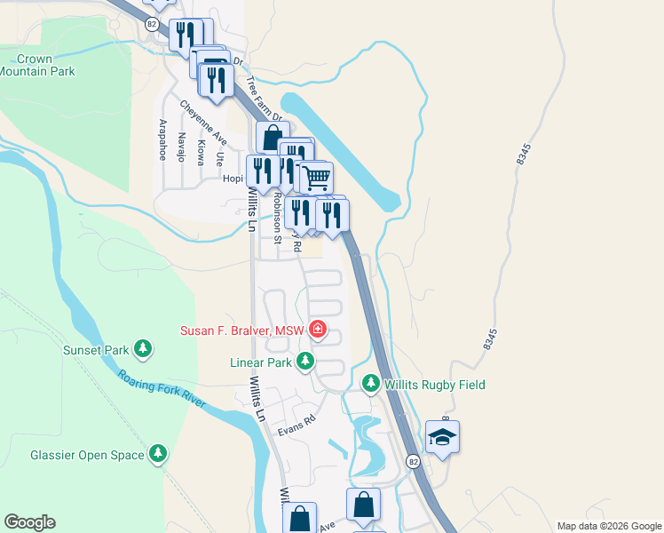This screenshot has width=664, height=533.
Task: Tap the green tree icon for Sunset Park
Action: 140,347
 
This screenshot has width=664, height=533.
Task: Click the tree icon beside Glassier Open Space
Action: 158,454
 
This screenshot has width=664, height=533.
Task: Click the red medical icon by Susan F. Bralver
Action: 318,331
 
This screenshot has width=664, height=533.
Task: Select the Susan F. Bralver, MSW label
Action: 242,331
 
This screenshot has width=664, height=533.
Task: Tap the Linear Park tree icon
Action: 305,362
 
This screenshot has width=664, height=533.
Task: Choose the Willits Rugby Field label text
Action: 434,385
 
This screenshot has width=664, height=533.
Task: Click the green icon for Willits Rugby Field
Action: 371,385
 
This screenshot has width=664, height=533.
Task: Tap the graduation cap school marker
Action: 442,437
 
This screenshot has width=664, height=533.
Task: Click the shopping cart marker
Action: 315,176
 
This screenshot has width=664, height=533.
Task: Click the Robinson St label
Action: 278,219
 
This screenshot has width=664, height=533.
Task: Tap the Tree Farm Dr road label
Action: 263,99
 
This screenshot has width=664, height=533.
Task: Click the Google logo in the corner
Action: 29,522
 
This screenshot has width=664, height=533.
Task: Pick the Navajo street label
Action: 181,147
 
